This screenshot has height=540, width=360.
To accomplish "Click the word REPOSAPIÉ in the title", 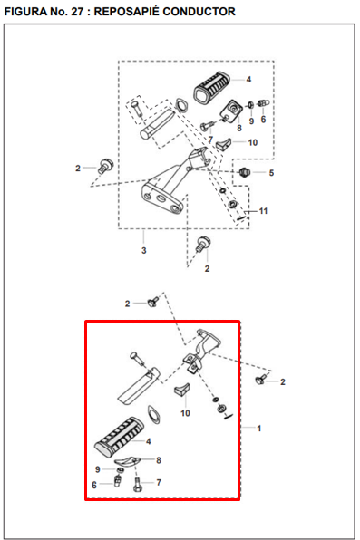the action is [127, 12].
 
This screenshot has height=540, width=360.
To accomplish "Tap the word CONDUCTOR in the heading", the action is [199, 12].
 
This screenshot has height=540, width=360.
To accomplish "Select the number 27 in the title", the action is [77, 12].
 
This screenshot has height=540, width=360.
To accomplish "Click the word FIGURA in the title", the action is [24, 12].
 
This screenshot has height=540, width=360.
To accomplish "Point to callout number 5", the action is [271, 173].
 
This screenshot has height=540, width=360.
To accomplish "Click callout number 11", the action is [263, 211].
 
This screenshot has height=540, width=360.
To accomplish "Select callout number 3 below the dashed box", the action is [144, 250].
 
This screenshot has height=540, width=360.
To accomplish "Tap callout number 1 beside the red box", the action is [259, 429].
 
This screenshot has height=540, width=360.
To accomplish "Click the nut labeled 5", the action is [244, 171].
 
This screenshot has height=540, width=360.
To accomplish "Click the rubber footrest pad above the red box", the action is [212, 87].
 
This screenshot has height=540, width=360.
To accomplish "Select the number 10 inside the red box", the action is [185, 413].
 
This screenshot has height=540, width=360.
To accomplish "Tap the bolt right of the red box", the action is [260, 379].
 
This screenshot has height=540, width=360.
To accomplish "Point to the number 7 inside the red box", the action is [159, 483].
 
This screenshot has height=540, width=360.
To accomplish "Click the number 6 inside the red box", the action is [94, 486].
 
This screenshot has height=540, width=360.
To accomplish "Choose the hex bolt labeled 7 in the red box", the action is [137, 484].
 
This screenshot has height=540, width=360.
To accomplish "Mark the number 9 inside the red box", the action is [98, 469].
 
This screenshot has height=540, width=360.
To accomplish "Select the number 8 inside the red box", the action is [159, 460].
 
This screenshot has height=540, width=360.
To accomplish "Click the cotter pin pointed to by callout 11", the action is [241, 217].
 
